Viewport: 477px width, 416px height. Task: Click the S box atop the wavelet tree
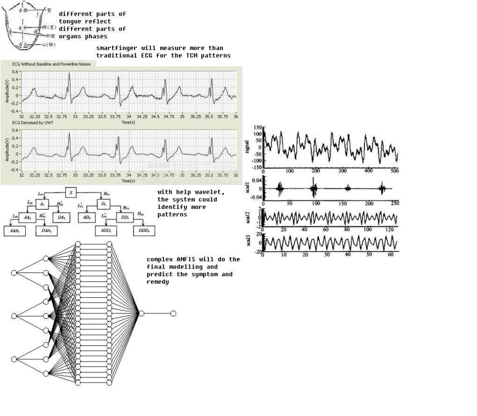[x=71, y=192]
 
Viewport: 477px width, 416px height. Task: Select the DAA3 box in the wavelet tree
[x=46, y=231]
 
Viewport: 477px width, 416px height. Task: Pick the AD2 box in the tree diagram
[x=86, y=218]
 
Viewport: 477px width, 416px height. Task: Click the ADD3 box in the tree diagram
[x=106, y=231]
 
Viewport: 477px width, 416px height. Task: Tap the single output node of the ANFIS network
[x=173, y=313]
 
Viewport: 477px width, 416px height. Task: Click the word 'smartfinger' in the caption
[x=117, y=48]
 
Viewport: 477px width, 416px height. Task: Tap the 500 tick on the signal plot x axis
[x=394, y=170]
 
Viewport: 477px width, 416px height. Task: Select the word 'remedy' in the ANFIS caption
[x=157, y=282]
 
